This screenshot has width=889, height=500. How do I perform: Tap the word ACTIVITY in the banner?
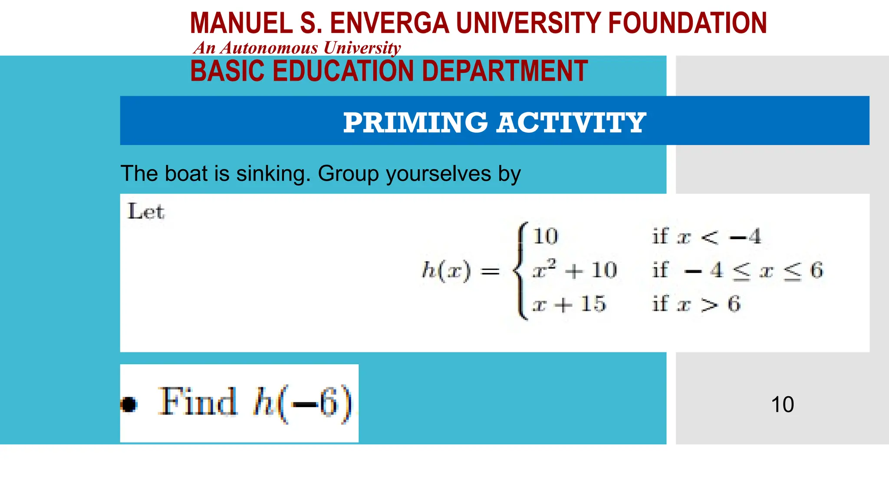pos(571,122)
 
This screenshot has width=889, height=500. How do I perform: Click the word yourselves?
pos(438,174)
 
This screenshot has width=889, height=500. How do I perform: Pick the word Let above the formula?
pos(146,212)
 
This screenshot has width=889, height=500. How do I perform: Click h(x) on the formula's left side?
pos(446,271)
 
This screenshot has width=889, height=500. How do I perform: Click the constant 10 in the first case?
pos(545,237)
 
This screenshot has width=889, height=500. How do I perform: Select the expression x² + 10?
pos(574,270)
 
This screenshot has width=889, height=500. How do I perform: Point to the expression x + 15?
pos(569,304)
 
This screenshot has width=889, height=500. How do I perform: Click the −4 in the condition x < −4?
pos(746,237)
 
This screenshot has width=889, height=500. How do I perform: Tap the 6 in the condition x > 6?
pos(734,304)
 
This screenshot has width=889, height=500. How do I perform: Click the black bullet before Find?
pos(129,404)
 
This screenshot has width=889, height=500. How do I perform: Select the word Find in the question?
pos(198,402)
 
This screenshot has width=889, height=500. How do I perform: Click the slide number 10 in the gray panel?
pos(782,405)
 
